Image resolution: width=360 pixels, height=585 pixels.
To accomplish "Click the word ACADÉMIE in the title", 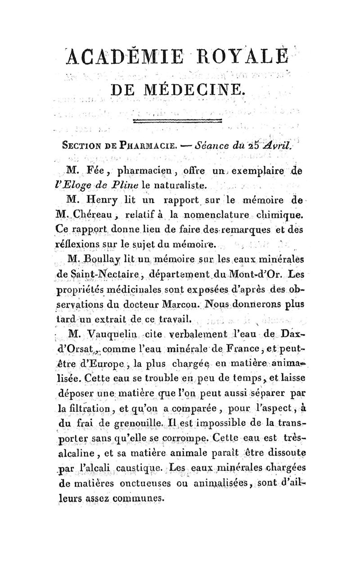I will (116, 56).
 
